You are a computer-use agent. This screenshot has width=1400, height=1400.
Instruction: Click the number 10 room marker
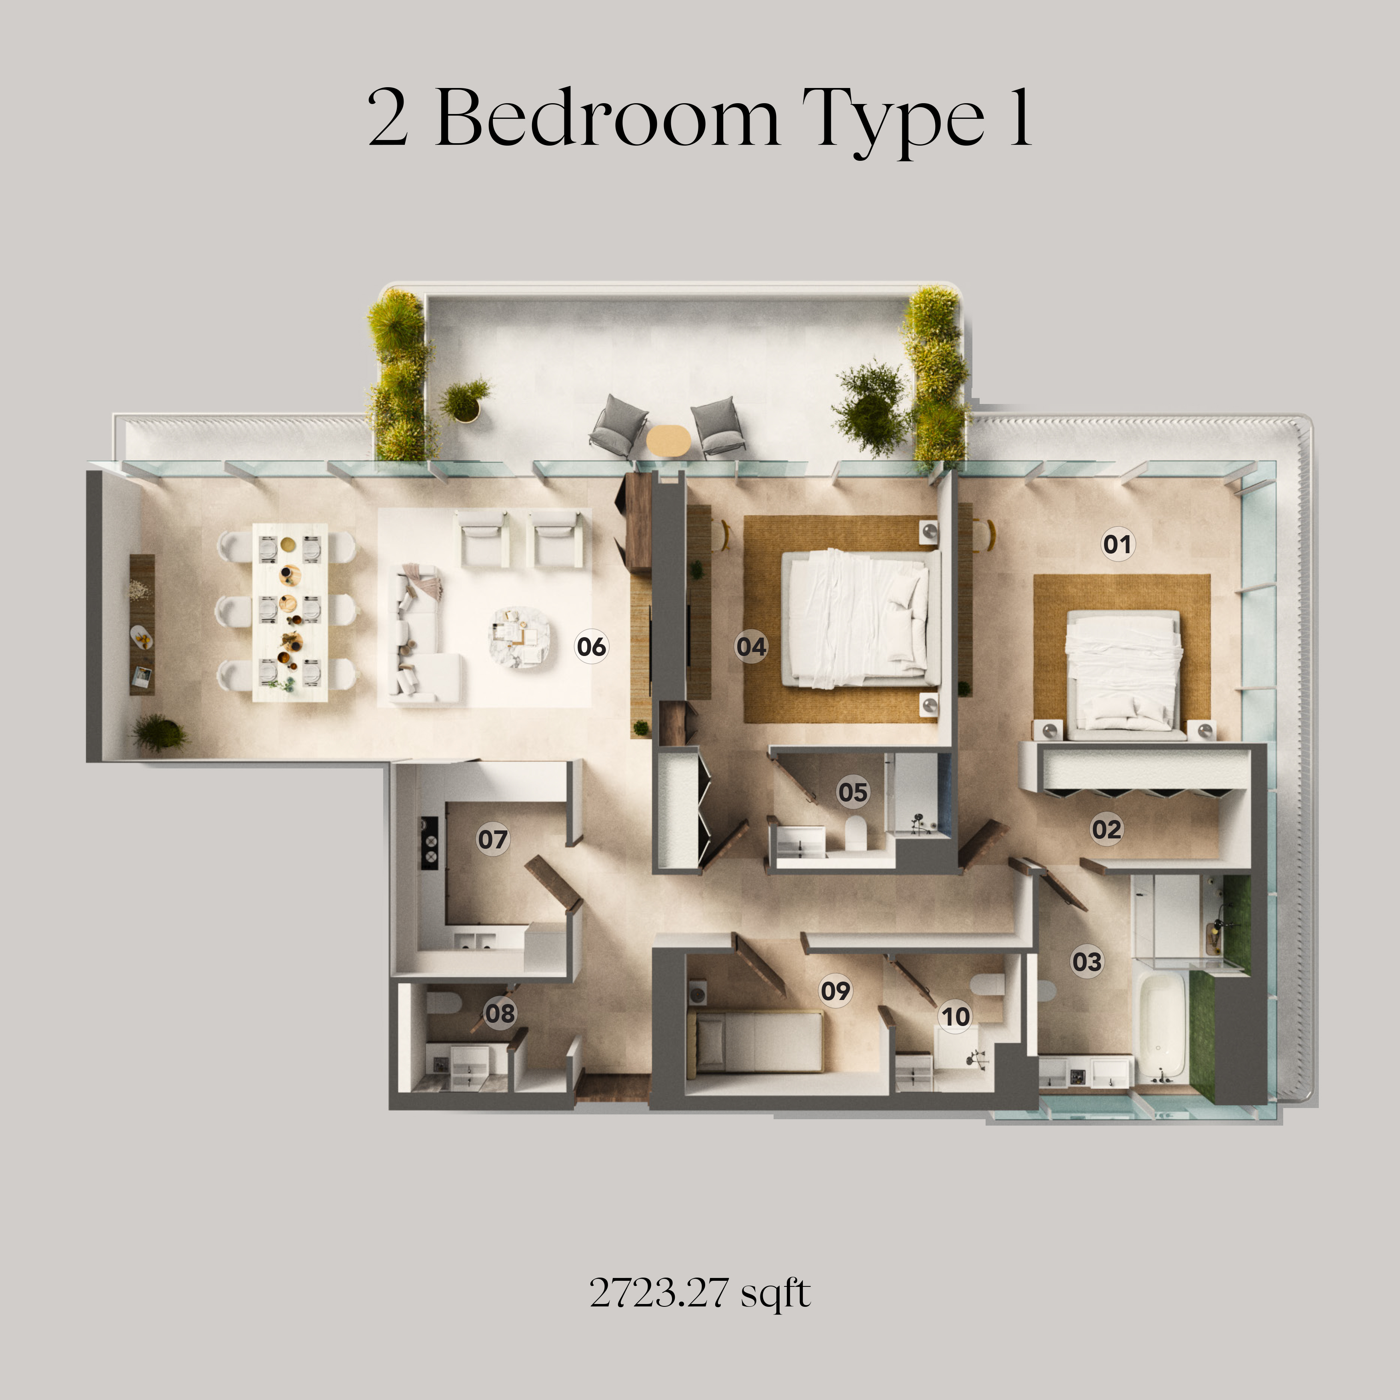pos(955,1017)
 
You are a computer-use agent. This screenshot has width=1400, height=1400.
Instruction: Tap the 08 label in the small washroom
pos(500,1013)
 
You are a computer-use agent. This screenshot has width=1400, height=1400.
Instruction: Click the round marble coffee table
pos(519,636)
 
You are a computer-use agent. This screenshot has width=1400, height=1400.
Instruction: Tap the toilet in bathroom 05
pos(856,833)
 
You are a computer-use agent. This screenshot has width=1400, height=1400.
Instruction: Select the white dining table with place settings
pos(290,612)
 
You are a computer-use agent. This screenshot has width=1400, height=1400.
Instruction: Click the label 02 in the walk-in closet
pos(1106,829)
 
